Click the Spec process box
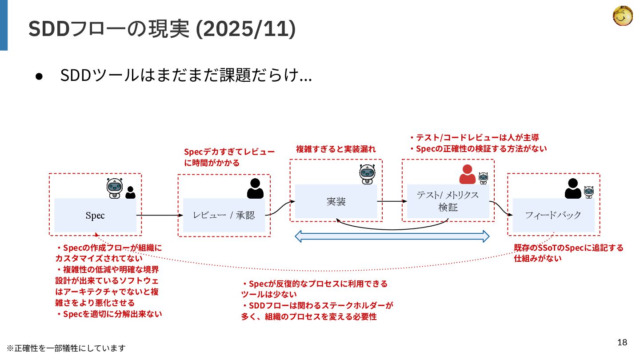95,216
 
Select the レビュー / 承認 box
224,216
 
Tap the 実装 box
336,201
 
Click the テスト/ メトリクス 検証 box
448,201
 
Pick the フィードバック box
553,216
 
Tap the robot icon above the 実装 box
368,174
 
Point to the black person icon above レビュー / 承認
255,188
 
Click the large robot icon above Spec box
114,188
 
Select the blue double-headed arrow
392,236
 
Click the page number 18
622,342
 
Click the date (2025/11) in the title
246,29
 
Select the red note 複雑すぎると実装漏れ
336,149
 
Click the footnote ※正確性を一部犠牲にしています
66,348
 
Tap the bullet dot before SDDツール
39,76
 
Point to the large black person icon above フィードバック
573,188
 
